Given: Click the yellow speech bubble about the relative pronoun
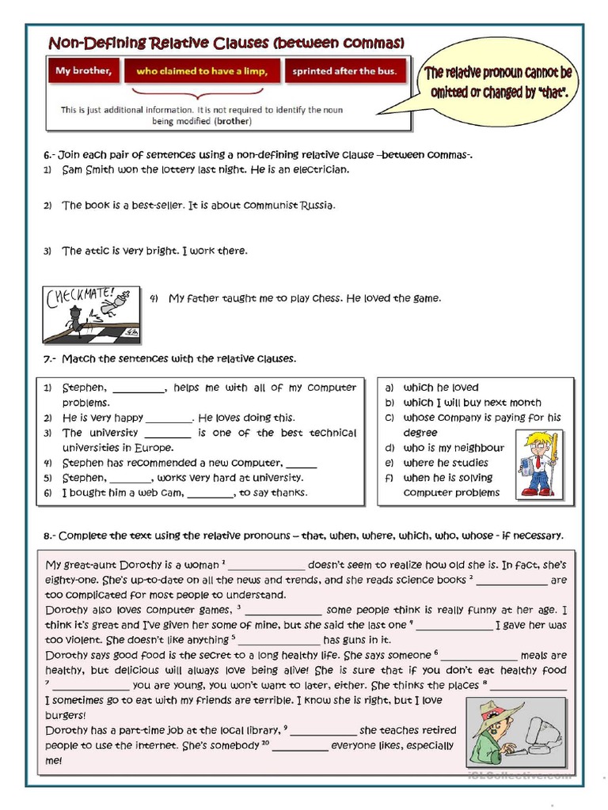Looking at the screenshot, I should coord(499,83).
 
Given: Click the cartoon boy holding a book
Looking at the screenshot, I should coord(538,464).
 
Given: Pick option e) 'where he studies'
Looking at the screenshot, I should coord(445,463).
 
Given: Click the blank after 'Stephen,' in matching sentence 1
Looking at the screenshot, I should coord(139,388).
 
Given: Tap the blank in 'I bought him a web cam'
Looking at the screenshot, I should coord(211,494).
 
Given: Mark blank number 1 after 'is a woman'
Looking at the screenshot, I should coord(266,566).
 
